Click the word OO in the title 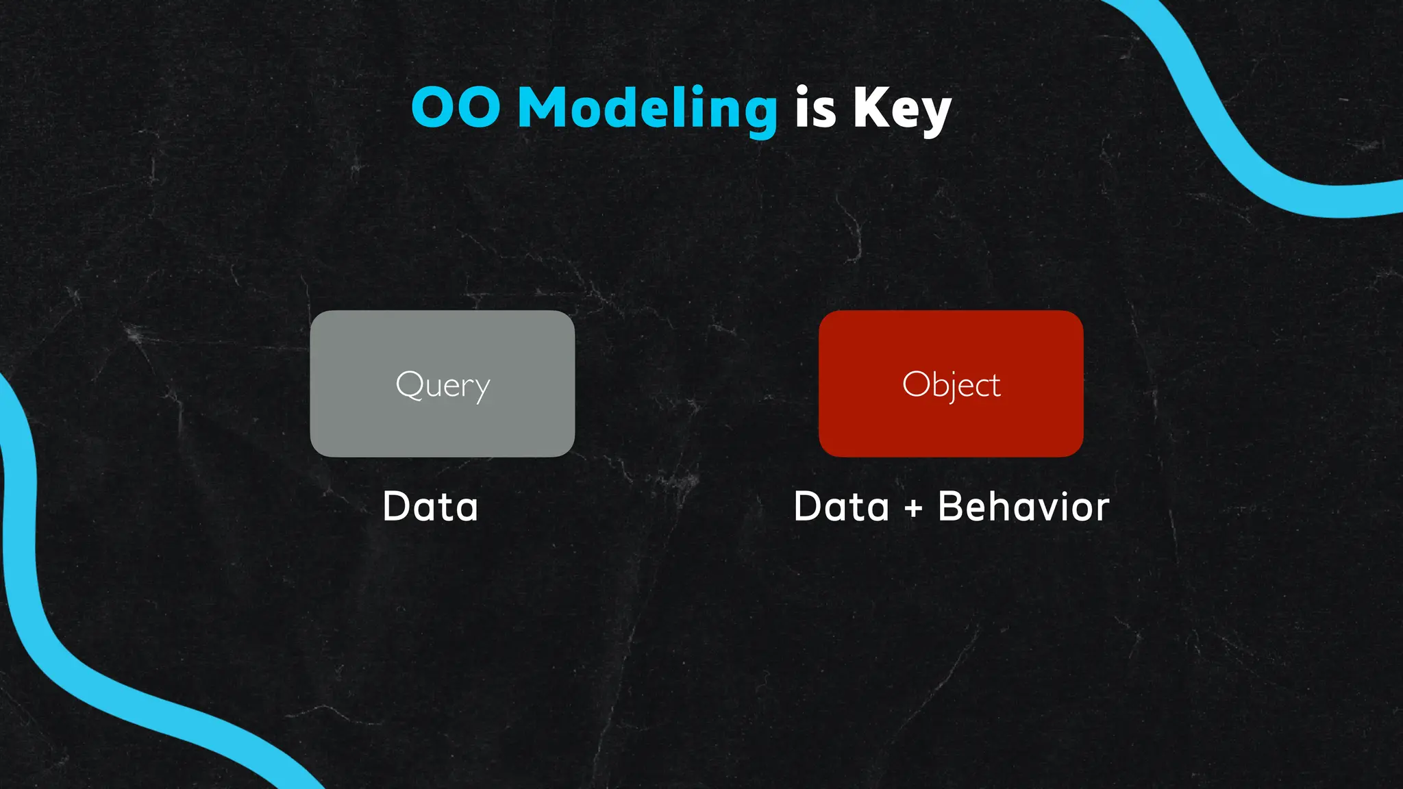[x=456, y=108]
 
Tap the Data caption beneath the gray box [x=430, y=507]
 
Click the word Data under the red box [x=841, y=507]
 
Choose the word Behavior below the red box [x=1023, y=507]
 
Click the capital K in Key [x=870, y=108]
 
